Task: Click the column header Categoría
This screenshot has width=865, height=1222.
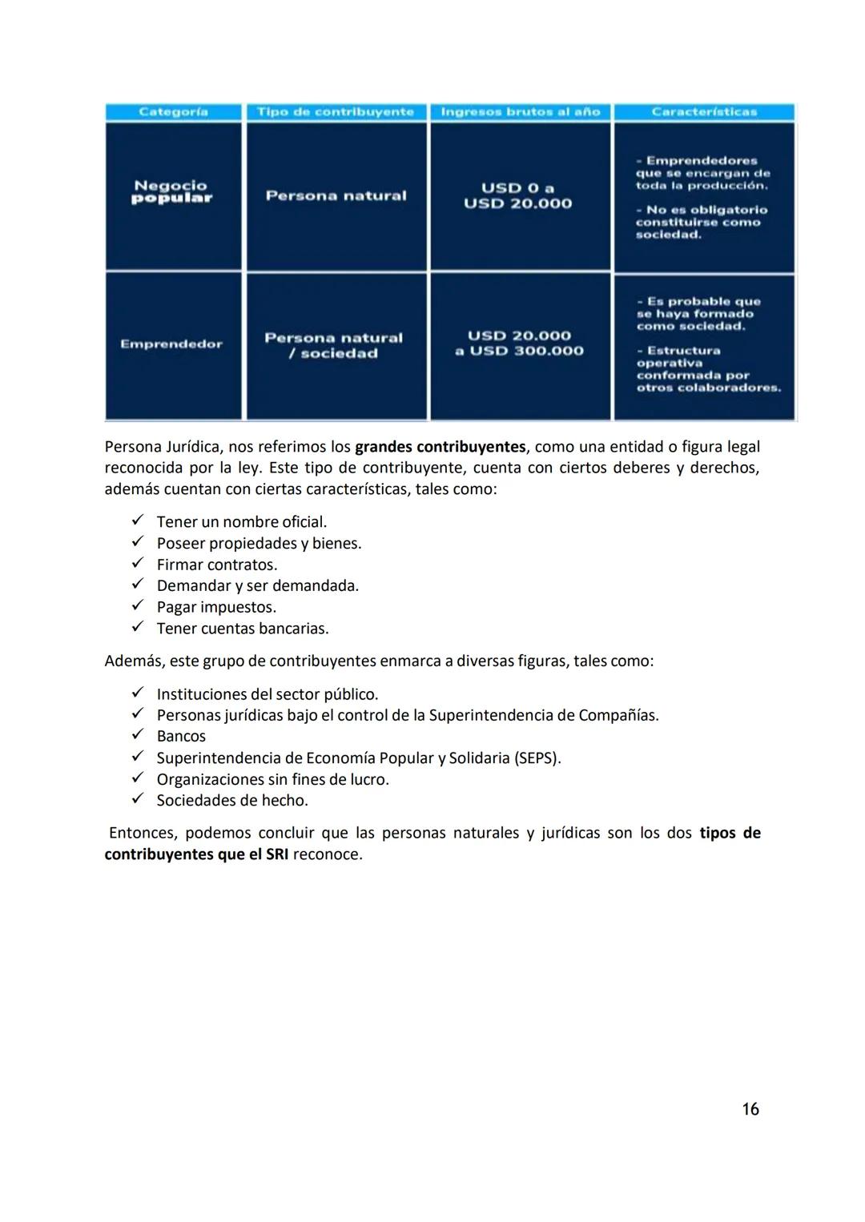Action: tap(173, 112)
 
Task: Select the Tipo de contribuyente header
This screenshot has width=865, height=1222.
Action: tap(336, 112)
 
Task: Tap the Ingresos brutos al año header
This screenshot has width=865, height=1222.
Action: tap(521, 112)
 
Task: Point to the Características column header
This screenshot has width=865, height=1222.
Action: tap(704, 112)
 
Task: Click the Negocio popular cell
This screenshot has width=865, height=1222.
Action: tap(172, 192)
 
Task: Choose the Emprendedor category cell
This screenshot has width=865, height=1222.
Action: tap(171, 344)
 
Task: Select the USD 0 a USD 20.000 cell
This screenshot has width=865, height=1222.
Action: tap(518, 195)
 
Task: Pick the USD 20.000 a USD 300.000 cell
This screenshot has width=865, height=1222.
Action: tap(519, 344)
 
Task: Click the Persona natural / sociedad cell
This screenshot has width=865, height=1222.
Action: tap(335, 345)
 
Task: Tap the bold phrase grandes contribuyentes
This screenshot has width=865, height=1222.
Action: tap(440, 447)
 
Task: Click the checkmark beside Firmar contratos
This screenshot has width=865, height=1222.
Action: tap(138, 563)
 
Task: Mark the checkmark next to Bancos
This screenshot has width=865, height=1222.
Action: tap(138, 734)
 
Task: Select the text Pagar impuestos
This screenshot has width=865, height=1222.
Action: tap(216, 607)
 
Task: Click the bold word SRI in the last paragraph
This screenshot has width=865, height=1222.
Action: tap(277, 854)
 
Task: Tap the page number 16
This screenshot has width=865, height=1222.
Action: tap(750, 1109)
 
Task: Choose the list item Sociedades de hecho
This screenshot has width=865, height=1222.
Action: tap(232, 800)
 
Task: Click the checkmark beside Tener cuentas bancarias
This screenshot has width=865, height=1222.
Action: tap(138, 627)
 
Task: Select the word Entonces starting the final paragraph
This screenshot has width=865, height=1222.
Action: tap(139, 833)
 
